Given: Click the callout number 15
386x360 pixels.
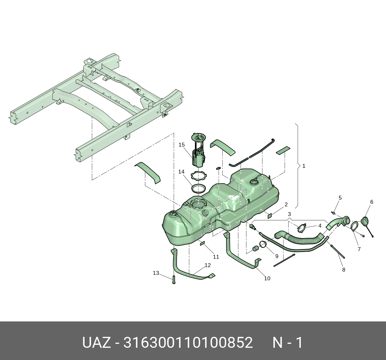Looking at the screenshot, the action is click(181, 145).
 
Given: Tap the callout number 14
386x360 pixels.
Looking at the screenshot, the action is click(181, 172).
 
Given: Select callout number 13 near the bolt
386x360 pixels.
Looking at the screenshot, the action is click(156, 273).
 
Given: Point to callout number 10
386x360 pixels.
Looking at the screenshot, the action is click(267, 278).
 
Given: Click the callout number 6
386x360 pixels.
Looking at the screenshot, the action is click(372, 202).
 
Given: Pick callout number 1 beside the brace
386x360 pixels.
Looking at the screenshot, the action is click(304, 166).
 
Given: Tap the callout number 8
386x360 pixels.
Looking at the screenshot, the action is click(344, 270).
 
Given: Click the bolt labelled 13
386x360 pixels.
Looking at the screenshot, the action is click(174, 280).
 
